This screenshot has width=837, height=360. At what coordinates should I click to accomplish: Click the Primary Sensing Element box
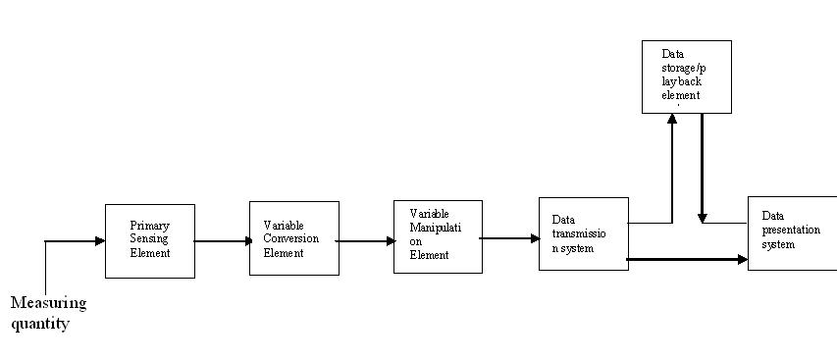pyautogui.click(x=149, y=240)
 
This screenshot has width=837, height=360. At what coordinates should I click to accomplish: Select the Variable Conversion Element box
pyautogui.click(x=293, y=238)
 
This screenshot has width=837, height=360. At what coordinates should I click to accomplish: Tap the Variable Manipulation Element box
pyautogui.click(x=438, y=236)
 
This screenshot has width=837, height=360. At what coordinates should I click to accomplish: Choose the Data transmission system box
pyautogui.click(x=582, y=233)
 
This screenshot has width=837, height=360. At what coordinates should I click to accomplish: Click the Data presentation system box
pyautogui.click(x=792, y=232)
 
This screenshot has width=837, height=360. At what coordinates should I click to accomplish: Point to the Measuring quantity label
pyautogui.click(x=48, y=312)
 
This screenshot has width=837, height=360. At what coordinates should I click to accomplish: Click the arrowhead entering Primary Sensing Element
pyautogui.click(x=99, y=240)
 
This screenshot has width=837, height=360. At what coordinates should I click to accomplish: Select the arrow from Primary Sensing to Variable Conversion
pyautogui.click(x=223, y=240)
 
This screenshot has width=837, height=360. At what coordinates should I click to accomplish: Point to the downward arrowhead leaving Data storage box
pyautogui.click(x=703, y=215)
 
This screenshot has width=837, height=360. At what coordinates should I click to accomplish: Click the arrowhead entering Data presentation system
pyautogui.click(x=742, y=260)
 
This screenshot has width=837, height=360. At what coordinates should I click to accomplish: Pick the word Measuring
pyautogui.click(x=48, y=303)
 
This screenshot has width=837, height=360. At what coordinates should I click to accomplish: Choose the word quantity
pyautogui.click(x=40, y=322)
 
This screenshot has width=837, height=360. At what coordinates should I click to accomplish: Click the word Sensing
pyautogui.click(x=149, y=239)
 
